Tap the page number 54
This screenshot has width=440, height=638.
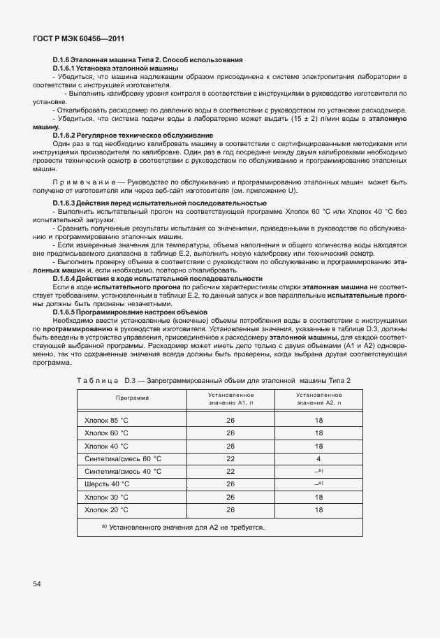click(37, 583)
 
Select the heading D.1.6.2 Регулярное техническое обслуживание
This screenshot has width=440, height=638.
click(133, 135)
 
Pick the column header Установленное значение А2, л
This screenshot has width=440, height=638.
click(318, 398)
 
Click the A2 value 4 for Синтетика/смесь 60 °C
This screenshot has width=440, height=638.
click(318, 458)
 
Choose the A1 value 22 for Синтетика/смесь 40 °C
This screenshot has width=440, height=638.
click(230, 471)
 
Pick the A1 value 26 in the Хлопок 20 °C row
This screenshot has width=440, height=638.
click(230, 509)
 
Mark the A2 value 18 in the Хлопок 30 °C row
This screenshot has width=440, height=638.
click(318, 497)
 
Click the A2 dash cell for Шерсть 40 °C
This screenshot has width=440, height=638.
click(318, 484)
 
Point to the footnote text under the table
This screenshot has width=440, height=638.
click(183, 527)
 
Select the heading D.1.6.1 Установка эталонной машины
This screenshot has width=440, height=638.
click(115, 68)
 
